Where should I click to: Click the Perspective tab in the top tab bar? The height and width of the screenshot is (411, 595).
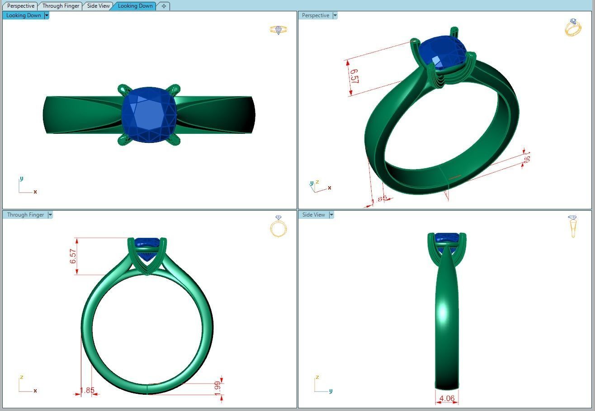21,6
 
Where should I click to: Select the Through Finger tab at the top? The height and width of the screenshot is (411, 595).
61,6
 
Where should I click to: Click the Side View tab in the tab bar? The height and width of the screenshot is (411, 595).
98,6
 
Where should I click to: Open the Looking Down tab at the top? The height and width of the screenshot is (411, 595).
135,6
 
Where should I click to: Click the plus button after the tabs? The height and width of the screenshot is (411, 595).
164,6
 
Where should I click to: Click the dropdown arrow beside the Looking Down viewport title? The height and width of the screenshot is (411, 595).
47,15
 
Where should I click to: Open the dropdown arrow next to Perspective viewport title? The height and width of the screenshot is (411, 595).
335,15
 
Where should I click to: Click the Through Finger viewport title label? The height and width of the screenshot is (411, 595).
25,215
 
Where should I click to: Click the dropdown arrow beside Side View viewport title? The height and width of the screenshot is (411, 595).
331,215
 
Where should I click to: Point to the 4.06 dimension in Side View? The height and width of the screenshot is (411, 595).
447,398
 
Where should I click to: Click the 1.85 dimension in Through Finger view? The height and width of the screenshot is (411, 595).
87,390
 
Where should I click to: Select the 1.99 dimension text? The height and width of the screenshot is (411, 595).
217,387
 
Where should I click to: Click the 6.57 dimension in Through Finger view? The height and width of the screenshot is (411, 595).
73,256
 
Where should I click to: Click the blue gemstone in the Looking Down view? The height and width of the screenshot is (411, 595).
148,115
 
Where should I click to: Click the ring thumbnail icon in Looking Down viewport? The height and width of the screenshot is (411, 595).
279,30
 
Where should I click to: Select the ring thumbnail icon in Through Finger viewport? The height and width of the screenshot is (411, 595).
279,227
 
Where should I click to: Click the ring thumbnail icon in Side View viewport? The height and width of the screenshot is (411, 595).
573,226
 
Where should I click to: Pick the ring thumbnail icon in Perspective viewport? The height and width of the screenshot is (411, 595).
573,28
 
